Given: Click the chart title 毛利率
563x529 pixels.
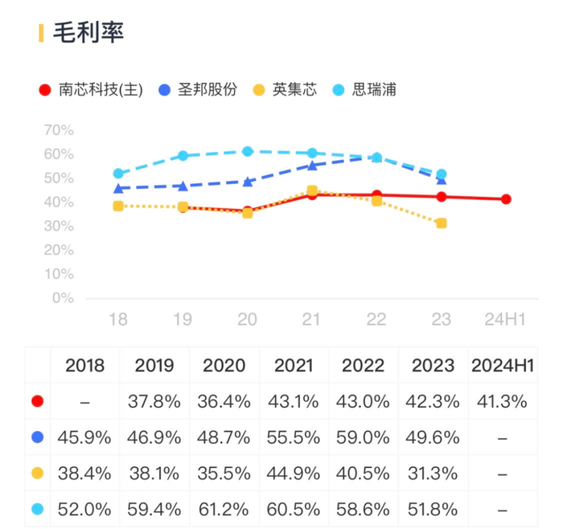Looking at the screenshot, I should tap(88, 33).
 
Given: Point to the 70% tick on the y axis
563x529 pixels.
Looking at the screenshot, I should tap(58, 130).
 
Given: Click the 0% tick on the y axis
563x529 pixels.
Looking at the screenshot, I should tap(63, 298).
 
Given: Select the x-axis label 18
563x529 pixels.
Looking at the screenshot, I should tap(118, 320).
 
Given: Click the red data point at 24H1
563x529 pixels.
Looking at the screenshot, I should tap(506, 199).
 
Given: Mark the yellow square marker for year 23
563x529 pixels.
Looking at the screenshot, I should tap(441, 223).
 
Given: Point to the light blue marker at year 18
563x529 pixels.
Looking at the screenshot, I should tap(118, 174).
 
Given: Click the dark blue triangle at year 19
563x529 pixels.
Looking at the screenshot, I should tap(183, 186).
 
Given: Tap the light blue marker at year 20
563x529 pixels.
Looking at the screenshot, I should tap(248, 151).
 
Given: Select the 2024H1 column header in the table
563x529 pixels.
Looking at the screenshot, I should tap(503, 366).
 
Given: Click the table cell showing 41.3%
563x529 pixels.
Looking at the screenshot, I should tap(503, 401).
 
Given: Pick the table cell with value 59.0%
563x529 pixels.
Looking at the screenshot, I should tap(363, 437).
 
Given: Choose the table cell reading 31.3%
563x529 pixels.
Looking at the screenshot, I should tap(434, 473).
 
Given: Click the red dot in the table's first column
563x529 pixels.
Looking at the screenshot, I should tap(37, 401).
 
